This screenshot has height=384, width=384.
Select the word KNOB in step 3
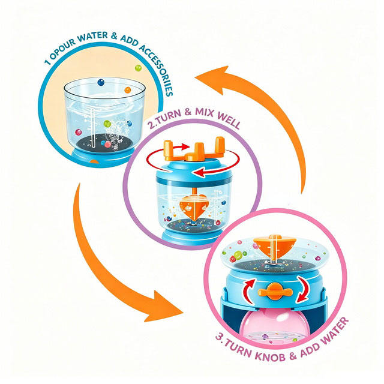[270, 355]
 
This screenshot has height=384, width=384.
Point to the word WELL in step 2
[229, 120]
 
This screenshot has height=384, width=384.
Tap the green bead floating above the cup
[138, 68]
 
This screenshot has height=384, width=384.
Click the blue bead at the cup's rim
[101, 82]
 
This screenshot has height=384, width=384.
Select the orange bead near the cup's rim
[128, 90]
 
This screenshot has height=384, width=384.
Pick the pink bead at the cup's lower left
[79, 132]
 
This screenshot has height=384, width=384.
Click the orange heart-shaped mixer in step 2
[194, 206]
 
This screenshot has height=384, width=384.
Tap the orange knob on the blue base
[275, 292]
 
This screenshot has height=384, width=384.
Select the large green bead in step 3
[238, 255]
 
